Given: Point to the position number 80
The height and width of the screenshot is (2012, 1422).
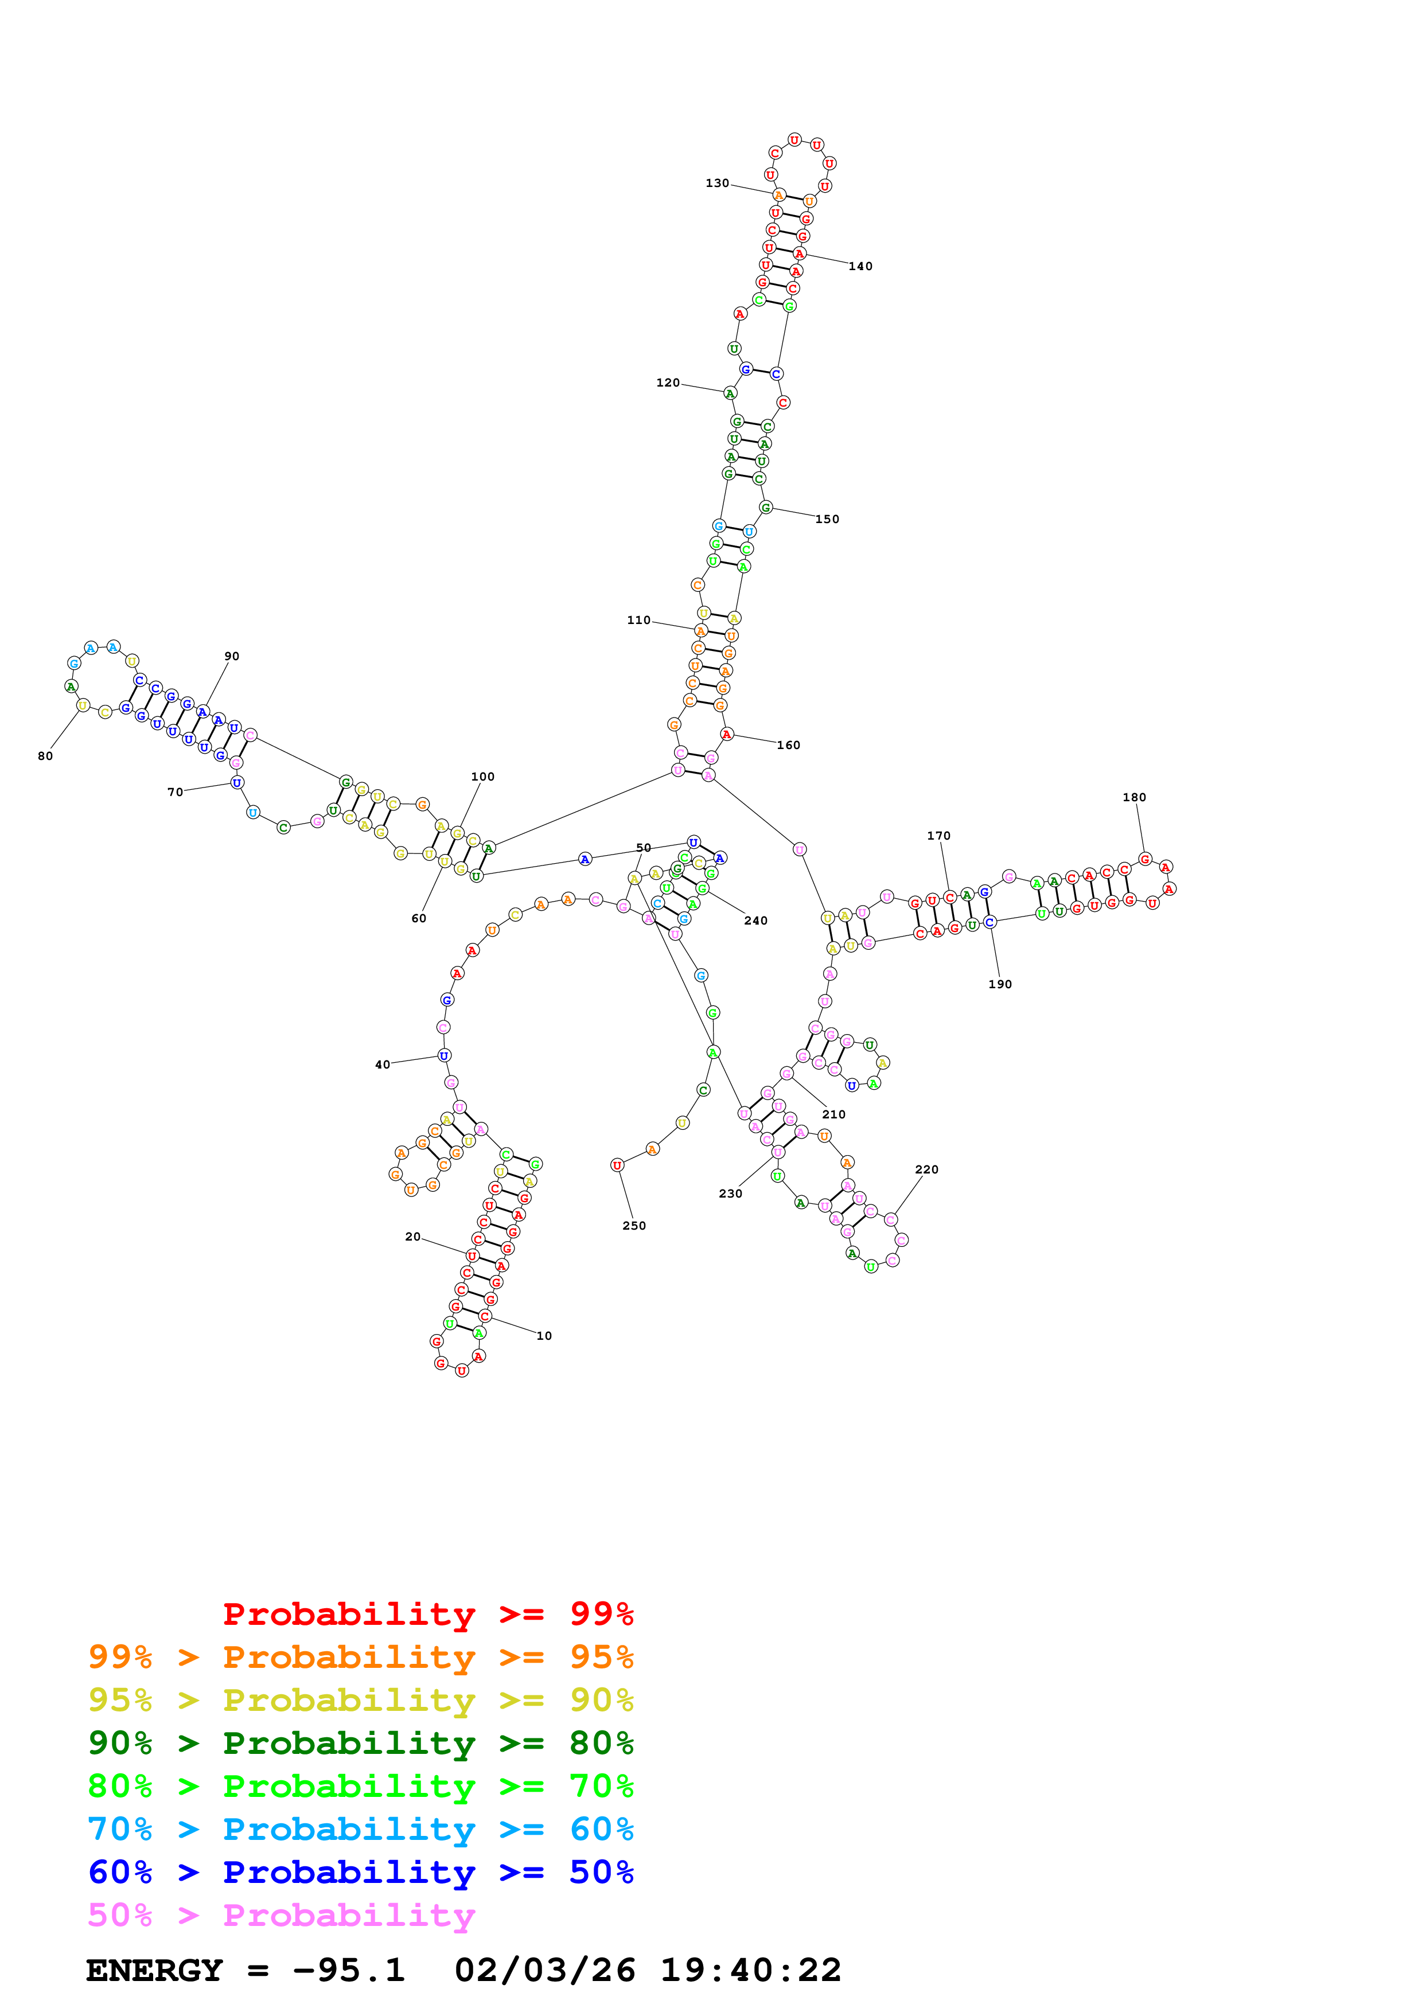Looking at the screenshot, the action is (x=45, y=757).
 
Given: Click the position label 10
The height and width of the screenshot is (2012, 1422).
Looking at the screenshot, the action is (x=544, y=1336).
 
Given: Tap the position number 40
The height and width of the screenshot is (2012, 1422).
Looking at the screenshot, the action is (x=382, y=1065).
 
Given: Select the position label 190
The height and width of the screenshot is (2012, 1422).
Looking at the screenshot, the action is (x=1000, y=984).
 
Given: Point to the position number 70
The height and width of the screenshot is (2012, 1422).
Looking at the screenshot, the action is (x=174, y=792).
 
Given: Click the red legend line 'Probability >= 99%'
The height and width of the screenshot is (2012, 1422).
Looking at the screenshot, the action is (x=427, y=1614).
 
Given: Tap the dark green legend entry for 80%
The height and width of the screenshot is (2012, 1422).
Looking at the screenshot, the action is (x=360, y=1743).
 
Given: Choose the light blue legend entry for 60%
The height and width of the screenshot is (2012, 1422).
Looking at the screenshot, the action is (x=360, y=1829).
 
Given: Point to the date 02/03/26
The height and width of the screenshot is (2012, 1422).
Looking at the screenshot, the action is (x=544, y=1971).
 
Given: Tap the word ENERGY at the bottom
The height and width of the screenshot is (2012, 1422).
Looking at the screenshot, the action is (x=154, y=1971).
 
